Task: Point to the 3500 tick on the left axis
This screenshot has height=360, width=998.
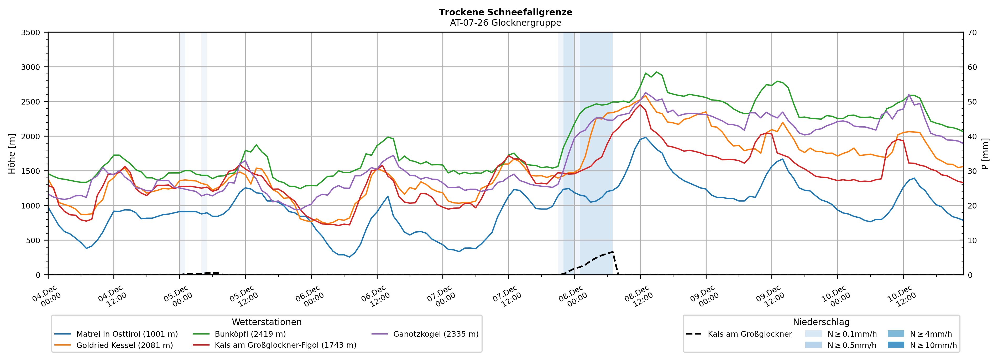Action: pyautogui.click(x=30, y=33)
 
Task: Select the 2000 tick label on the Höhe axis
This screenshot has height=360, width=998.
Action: pyautogui.click(x=30, y=136)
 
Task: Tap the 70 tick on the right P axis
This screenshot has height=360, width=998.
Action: pyautogui.click(x=972, y=33)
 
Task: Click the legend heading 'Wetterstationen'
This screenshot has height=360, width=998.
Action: pyautogui.click(x=267, y=322)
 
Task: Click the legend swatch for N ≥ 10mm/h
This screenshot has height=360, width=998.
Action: pyautogui.click(x=895, y=345)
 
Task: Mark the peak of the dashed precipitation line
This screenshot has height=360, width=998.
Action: pyautogui.click(x=613, y=252)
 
